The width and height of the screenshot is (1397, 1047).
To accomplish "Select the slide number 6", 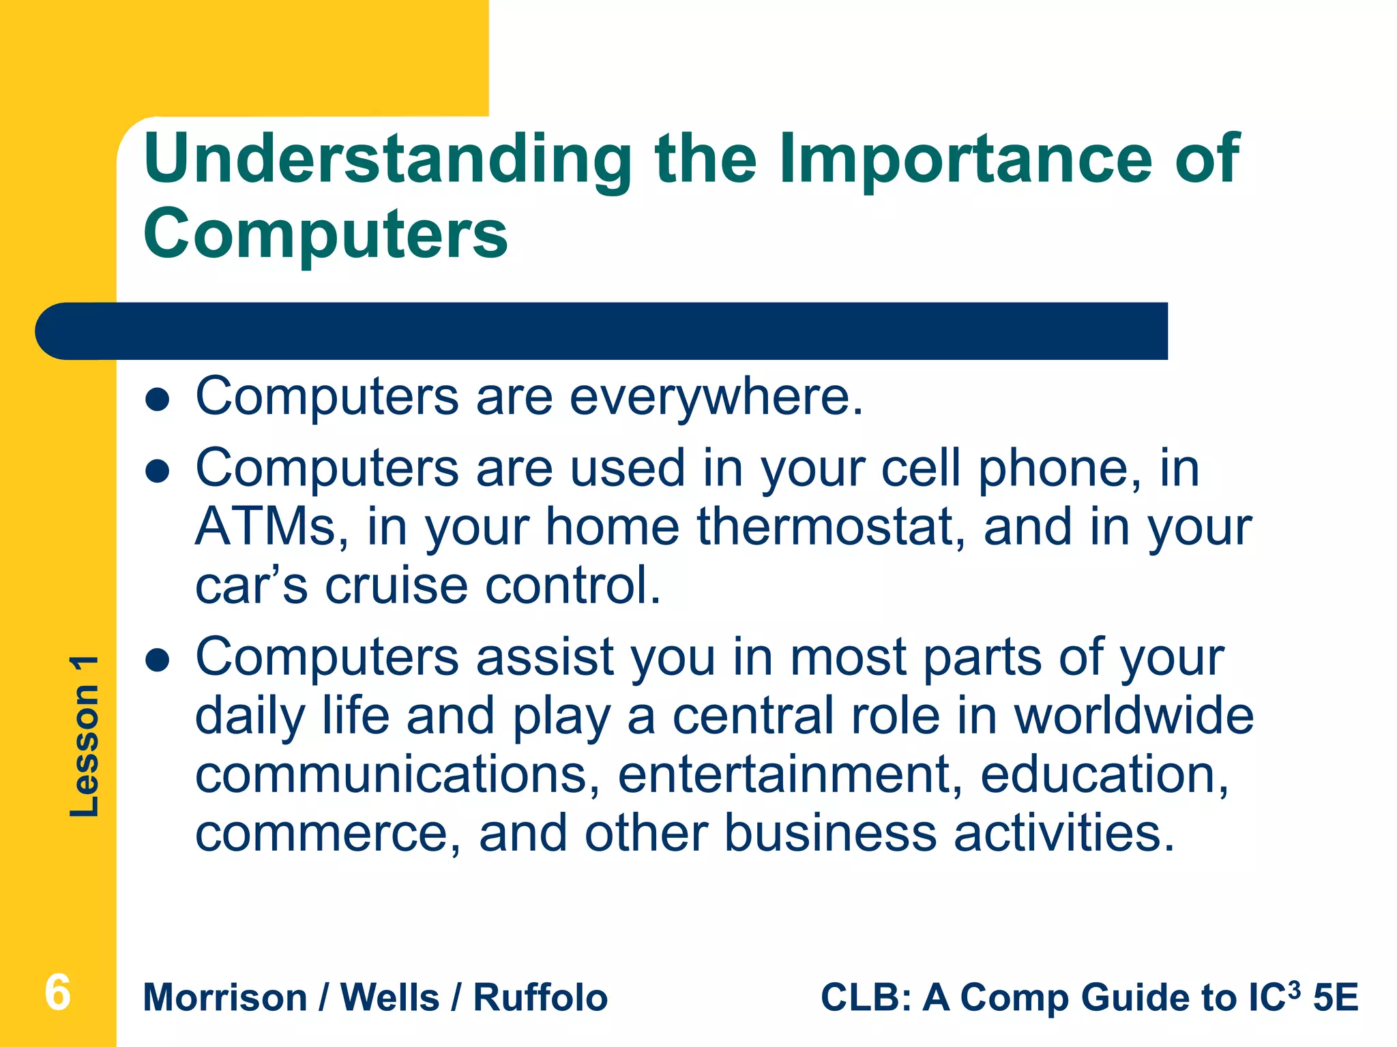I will pos(57,992).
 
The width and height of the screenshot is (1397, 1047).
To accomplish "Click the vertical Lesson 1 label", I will pos(85,736).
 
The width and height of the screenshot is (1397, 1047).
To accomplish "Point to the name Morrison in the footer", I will pos(225,998).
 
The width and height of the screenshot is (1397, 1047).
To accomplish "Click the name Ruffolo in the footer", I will pos(540,998).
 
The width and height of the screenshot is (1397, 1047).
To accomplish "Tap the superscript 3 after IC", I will pos(1294,988).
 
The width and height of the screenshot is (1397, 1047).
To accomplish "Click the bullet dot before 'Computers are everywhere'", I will pos(158,400).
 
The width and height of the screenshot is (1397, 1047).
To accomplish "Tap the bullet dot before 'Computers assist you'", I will pos(158,660).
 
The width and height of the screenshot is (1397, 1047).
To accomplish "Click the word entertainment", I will pos(790,775).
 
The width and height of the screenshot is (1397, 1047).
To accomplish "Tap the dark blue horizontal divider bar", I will pos(600,331).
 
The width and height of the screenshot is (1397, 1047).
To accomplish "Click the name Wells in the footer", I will pos(390,998).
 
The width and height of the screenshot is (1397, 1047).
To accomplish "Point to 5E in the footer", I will pos(1336,998).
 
